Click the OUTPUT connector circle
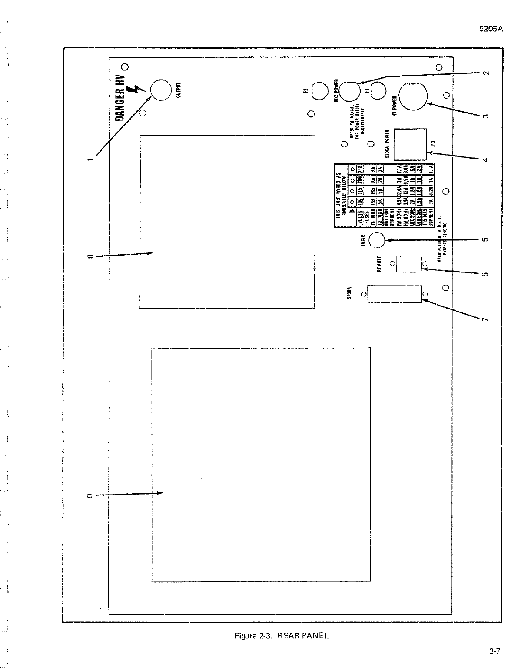161,91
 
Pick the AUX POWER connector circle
349,91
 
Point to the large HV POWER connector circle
413,96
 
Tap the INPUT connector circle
377,240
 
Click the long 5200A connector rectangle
395,294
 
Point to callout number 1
90,159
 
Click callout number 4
486,159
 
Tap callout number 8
90,256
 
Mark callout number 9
90,495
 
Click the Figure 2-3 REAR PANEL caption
282,636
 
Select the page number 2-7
494,651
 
